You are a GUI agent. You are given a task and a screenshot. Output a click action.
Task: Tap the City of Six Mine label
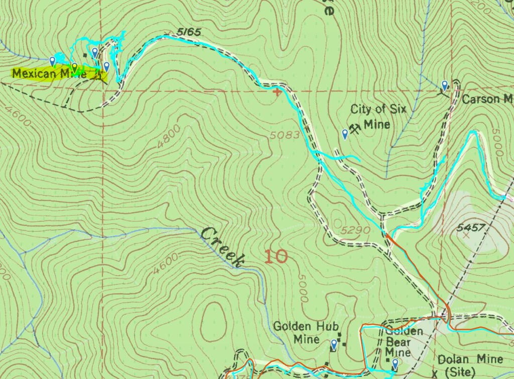[378, 116]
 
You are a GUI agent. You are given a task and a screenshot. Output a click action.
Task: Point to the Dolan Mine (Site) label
[470, 365]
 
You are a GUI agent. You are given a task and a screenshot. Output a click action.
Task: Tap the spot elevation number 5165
[189, 33]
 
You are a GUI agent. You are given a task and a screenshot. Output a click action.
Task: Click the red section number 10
[276, 257]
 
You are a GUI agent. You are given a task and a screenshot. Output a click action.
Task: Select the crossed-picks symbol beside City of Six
[355, 129]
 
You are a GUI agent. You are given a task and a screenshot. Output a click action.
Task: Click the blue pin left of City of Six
[345, 134]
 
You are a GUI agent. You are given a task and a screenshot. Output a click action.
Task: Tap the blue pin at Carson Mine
[444, 85]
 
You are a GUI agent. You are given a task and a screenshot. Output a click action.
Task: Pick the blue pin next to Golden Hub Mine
[334, 344]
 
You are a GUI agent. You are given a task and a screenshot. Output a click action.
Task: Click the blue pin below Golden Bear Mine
[395, 363]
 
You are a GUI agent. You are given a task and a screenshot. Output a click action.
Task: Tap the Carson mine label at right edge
[487, 99]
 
